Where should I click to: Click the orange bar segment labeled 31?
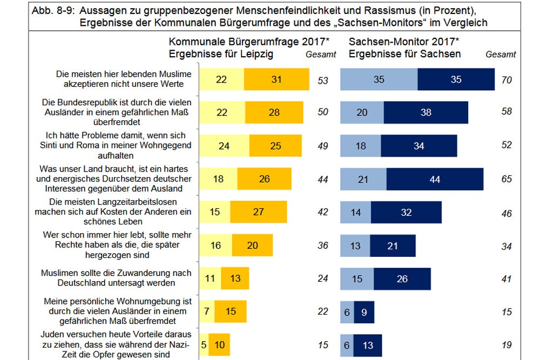pyautogui.click(x=276, y=79)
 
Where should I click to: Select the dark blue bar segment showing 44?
pyautogui.click(x=435, y=179)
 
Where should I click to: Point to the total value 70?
pyautogui.click(x=506, y=80)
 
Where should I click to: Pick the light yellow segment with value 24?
pyautogui.click(x=224, y=146)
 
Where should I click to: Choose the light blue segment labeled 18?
pyautogui.click(x=360, y=146)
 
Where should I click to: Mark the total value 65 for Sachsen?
pyautogui.click(x=506, y=179)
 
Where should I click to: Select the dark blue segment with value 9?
pyautogui.click(x=364, y=312)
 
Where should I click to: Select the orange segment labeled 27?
pyautogui.click(x=258, y=212)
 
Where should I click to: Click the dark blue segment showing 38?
pyautogui.click(x=426, y=113)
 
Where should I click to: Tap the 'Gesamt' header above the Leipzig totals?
pyautogui.click(x=321, y=54)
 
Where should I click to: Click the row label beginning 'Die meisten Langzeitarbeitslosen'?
pyautogui.click(x=113, y=212)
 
